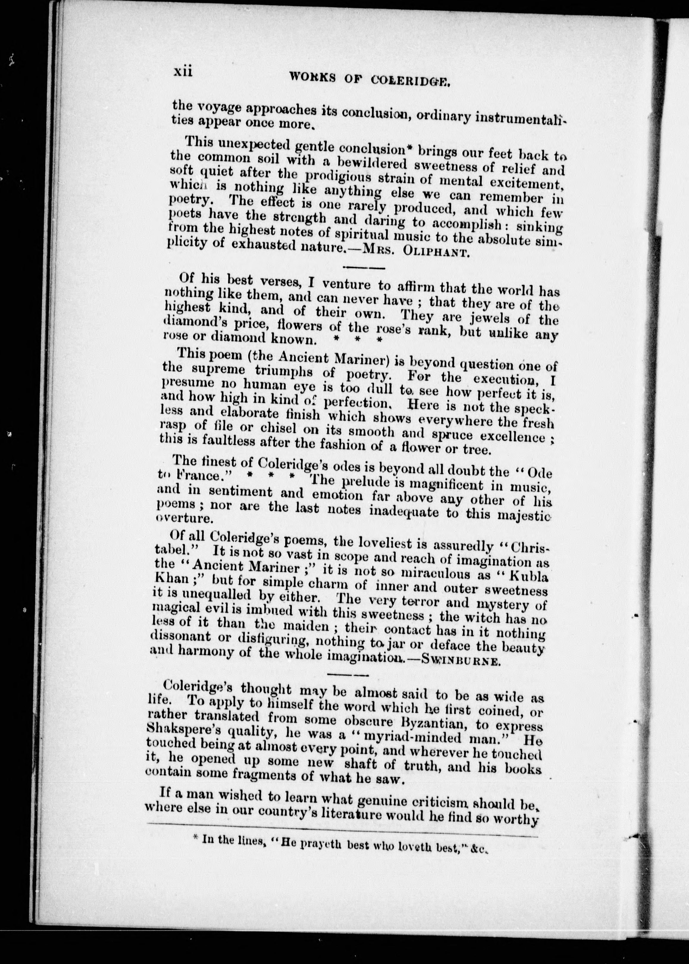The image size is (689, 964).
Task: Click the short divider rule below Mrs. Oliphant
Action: [363, 268]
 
